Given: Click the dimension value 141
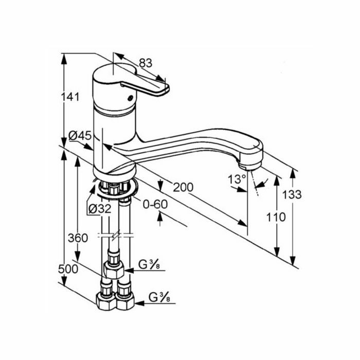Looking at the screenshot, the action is pos(70,97).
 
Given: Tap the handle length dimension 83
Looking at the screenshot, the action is pos(146,63).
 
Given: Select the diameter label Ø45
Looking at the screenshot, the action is pos(80,136).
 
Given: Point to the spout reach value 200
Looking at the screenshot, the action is pos(183,187).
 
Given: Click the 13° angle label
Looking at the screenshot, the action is pos(237,179).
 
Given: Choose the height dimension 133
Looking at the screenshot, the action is pos(292,195).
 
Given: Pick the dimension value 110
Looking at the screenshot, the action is pos(276,217).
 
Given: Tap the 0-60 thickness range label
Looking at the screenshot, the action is pos(155,204).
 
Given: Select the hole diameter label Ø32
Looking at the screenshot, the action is pos(100,209).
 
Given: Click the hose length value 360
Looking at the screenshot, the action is pos(78,238).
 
